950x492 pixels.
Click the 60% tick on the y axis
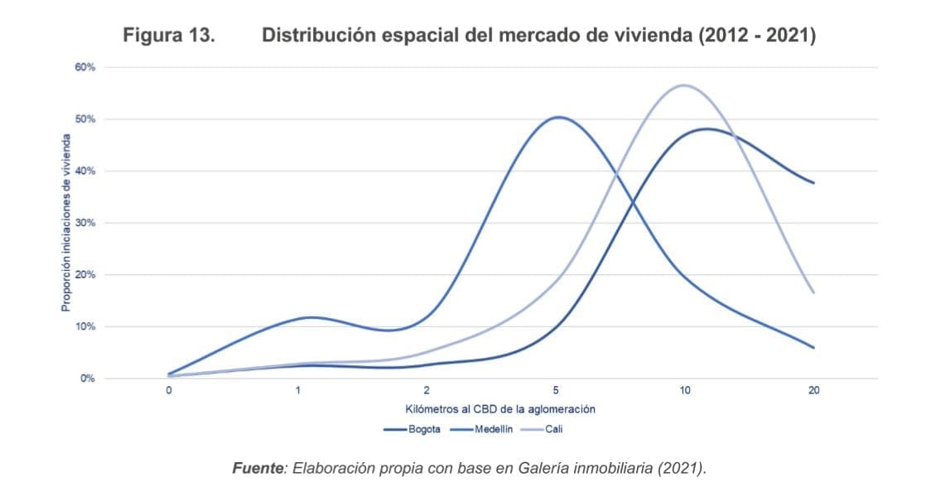pos(85,67)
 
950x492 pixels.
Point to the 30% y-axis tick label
pos(85,223)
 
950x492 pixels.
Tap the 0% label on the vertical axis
pos(87,379)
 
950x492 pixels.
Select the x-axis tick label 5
pos(556,390)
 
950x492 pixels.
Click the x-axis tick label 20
pos(813,390)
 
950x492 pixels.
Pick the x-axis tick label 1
pos(297,390)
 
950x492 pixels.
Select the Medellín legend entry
pos(494,429)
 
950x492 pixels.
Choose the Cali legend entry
pos(553,429)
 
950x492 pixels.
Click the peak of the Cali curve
pos(684,85)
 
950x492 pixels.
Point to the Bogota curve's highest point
pos(706,128)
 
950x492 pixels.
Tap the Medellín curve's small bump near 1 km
pos(311,317)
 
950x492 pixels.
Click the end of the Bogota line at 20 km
pos(813,182)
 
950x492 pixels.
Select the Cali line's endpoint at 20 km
pos(813,292)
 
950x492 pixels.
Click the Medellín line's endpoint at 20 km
pos(813,347)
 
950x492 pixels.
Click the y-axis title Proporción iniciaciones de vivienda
pos(65,223)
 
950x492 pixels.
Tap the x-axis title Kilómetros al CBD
pos(500,409)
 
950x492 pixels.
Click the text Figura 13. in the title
pos(170,36)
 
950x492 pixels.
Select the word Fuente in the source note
pos(258,468)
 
